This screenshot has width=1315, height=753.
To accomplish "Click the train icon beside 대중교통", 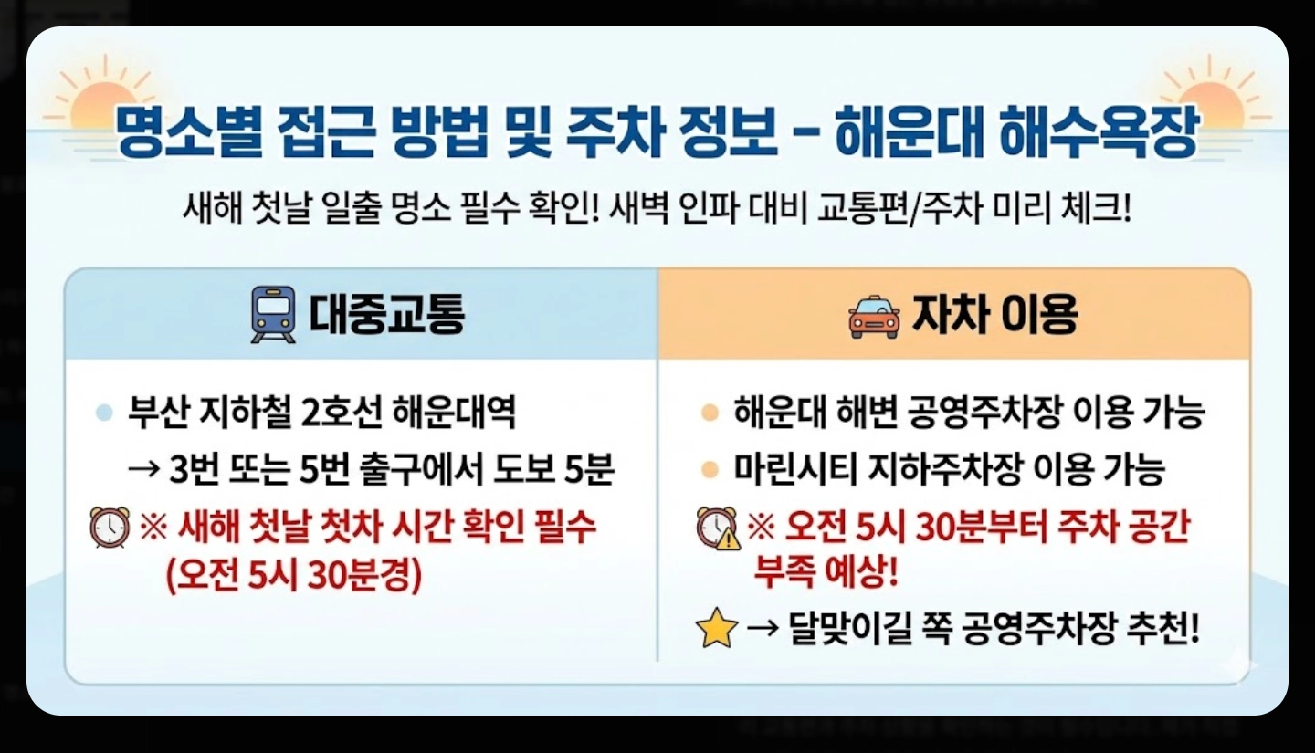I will [273, 314].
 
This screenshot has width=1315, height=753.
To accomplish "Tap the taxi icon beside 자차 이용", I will [874, 316].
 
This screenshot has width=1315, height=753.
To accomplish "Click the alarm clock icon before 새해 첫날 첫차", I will [109, 528].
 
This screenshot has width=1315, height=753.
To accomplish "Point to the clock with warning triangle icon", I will [717, 528].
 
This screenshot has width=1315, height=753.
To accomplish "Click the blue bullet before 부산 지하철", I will [104, 413].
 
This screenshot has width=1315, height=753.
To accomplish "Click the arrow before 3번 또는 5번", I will [143, 471].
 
